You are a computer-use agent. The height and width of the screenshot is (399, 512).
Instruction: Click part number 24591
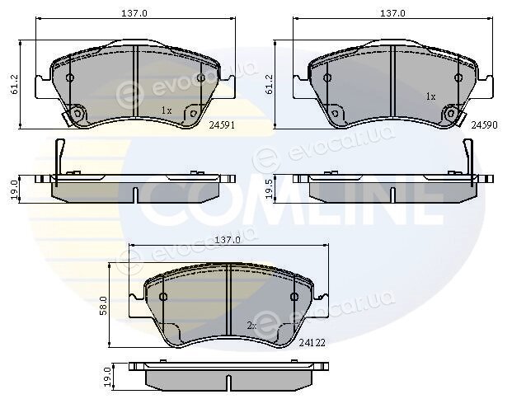point(222,125)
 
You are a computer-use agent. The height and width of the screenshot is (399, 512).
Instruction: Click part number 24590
point(484,125)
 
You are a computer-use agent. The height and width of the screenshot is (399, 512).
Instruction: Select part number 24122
point(312,342)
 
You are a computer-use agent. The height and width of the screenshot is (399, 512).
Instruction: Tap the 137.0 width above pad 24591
point(134,13)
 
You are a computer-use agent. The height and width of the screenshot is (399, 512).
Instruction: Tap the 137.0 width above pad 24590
point(392,13)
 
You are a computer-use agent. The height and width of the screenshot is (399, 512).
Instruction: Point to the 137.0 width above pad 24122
point(228,240)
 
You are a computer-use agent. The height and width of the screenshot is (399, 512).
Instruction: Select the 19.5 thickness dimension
point(270,189)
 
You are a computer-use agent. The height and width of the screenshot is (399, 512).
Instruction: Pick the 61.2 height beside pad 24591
point(14,84)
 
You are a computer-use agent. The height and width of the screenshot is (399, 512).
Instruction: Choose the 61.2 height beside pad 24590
point(270,84)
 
